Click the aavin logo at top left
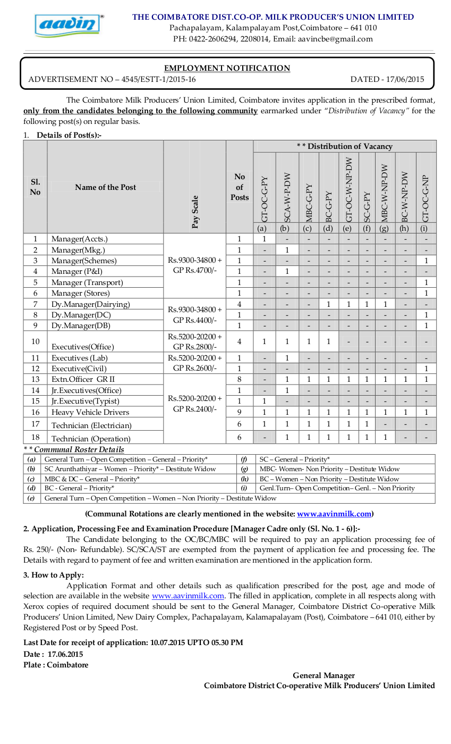tap(69, 25)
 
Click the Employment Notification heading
tap(227, 68)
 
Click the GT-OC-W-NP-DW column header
tap(348, 189)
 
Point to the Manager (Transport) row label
tap(87, 282)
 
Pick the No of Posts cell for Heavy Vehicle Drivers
tap(240, 412)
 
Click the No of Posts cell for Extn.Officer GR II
tap(240, 380)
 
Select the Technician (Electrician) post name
tap(91, 425)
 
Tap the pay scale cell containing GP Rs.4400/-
tap(195, 315)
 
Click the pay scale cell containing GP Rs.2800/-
tap(195, 342)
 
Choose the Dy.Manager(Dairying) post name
tap(91, 304)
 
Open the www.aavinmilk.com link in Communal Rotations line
tap(334, 514)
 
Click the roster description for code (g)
tap(329, 469)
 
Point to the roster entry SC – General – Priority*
tap(295, 459)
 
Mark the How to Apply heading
tap(54, 575)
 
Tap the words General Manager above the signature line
tap(324, 675)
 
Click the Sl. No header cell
tap(35, 187)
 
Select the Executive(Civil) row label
tap(79, 369)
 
